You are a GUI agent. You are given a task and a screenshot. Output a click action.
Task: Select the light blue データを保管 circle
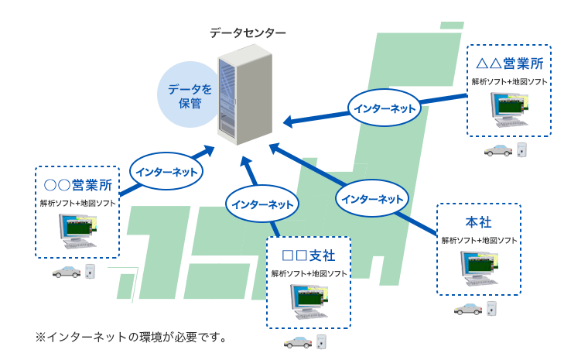(185, 94)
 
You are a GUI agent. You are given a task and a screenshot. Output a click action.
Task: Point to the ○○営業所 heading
(77, 185)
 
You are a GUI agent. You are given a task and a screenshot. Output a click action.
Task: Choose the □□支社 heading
(309, 255)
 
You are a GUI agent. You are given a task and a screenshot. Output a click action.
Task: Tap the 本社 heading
(478, 222)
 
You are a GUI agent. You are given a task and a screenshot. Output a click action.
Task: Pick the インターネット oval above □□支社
(263, 204)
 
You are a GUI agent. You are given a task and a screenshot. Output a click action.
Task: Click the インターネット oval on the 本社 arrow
(373, 199)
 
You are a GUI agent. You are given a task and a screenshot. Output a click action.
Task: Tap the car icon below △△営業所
(497, 150)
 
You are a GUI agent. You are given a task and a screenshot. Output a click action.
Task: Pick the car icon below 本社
(467, 309)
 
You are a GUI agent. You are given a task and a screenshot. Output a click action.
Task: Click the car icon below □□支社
(298, 341)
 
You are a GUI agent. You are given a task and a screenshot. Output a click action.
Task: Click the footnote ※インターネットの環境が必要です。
(131, 337)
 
